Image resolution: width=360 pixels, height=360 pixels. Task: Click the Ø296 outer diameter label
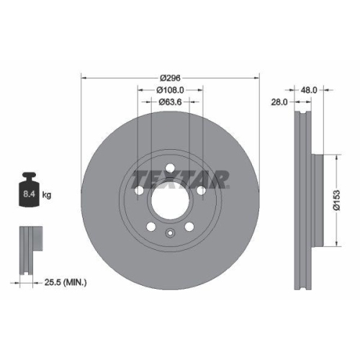point(170,77)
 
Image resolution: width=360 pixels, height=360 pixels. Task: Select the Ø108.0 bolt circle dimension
point(170,90)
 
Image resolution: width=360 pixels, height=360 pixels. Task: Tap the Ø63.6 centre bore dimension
point(170,102)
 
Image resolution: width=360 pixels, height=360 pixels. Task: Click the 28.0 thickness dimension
point(280,102)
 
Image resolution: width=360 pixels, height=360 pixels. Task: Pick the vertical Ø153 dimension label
point(336,199)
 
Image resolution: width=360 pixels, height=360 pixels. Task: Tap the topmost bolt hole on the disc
point(170,168)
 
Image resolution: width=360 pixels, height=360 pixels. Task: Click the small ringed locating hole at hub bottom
point(170,232)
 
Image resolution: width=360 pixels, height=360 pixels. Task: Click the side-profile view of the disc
point(302,198)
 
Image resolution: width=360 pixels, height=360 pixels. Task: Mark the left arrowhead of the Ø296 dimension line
point(84,76)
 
